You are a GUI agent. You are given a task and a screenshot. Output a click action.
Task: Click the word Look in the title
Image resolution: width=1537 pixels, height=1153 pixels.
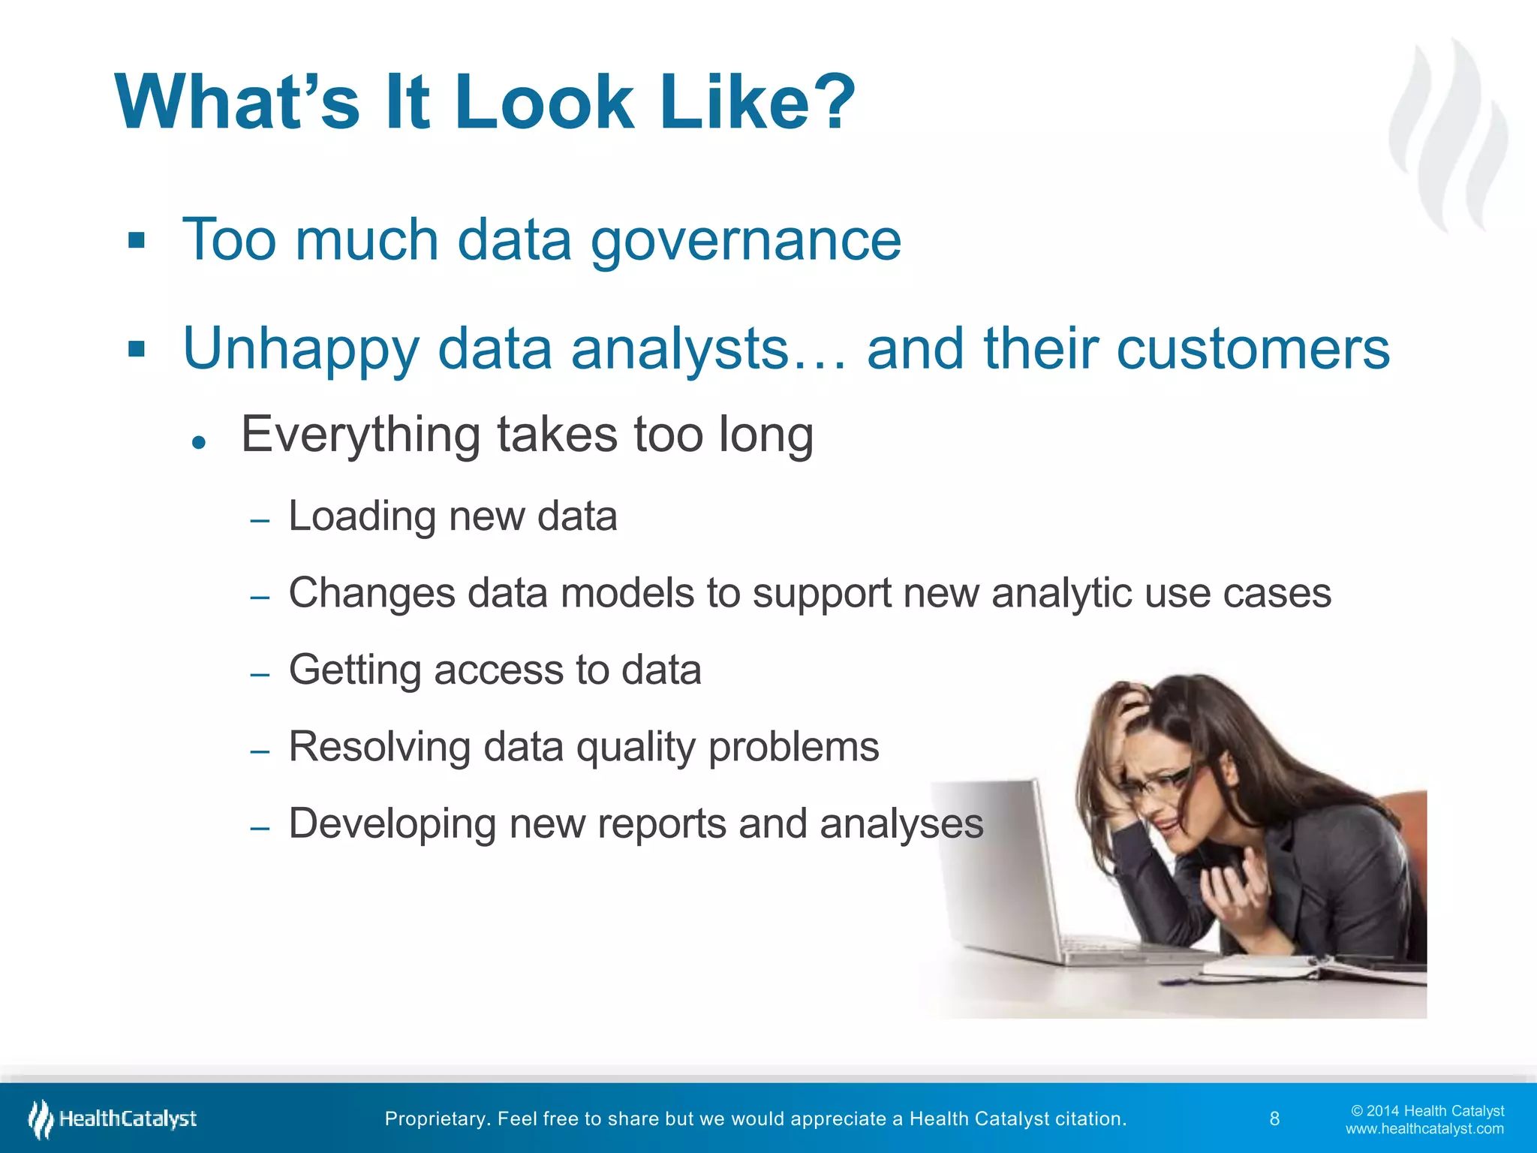click(x=544, y=103)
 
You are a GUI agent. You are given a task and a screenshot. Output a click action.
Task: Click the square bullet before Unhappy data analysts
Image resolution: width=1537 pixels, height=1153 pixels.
click(x=136, y=349)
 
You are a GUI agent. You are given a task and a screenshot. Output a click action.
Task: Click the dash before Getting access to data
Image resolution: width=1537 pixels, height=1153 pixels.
click(x=260, y=674)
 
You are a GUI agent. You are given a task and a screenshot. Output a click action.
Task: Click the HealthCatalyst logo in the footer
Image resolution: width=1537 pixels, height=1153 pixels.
click(x=113, y=1119)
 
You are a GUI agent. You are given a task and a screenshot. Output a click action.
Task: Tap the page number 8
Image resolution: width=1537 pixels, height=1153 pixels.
click(x=1274, y=1119)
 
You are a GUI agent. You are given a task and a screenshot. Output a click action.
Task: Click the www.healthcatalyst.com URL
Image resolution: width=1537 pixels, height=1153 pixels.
click(x=1424, y=1129)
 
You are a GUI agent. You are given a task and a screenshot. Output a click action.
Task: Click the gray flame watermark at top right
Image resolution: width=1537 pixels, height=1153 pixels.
click(x=1448, y=135)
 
